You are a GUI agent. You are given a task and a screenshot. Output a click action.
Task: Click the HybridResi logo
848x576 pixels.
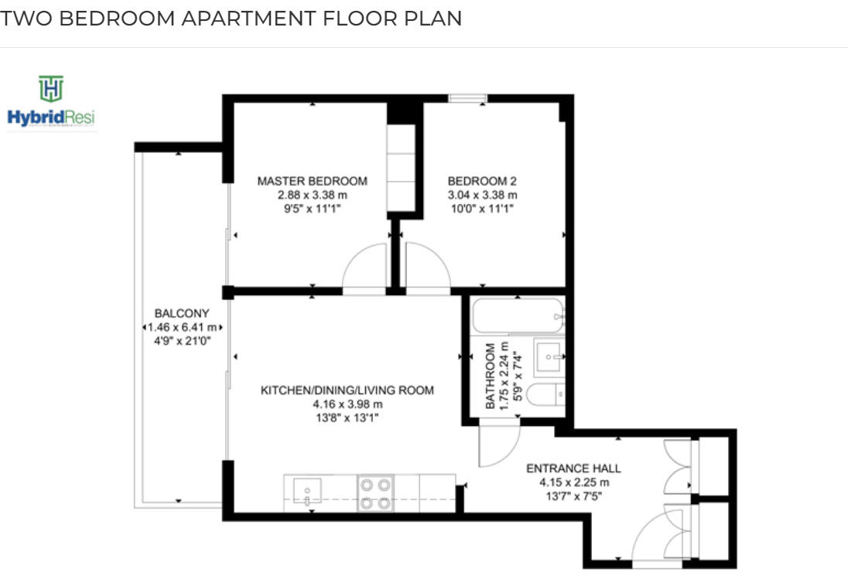(51, 103)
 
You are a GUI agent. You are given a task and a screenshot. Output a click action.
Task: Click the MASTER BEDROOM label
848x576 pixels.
(312, 181)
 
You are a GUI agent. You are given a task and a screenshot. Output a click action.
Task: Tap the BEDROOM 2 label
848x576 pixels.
(482, 181)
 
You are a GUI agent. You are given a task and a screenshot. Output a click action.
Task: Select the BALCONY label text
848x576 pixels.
(182, 313)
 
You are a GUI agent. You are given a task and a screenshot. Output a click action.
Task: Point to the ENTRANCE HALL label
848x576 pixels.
(573, 469)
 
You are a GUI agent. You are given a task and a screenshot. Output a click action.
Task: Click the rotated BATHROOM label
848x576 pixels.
(490, 376)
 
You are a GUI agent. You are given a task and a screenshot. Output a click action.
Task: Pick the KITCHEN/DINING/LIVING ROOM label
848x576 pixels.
(347, 390)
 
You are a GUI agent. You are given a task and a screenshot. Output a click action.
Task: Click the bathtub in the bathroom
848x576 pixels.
(518, 315)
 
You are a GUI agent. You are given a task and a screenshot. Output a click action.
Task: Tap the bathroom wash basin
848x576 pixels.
(549, 357)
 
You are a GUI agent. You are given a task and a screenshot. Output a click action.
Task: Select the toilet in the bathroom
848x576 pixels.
(545, 394)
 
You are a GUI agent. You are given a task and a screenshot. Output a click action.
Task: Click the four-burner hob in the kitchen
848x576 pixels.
(375, 492)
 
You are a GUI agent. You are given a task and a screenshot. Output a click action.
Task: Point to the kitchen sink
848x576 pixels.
(306, 491)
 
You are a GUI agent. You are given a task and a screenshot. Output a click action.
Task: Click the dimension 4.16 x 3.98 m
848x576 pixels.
(347, 404)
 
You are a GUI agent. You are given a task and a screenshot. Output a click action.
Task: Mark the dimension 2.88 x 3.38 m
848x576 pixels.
(312, 195)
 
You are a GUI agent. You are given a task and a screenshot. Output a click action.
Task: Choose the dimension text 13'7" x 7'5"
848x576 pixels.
(573, 496)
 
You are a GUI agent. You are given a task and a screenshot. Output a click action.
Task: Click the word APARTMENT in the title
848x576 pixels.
(248, 19)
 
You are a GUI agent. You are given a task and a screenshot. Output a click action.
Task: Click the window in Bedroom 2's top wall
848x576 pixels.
(468, 98)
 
